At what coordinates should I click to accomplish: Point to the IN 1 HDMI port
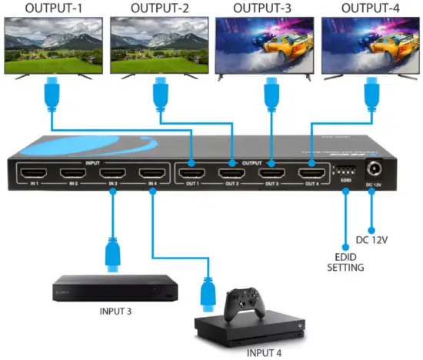tap(35, 174)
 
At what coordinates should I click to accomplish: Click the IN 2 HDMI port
tap(73, 174)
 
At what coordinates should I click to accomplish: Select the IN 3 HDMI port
tap(112, 174)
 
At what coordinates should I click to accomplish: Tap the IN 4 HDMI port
tap(151, 174)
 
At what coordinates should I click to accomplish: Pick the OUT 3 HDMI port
tap(271, 174)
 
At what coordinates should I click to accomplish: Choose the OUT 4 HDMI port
tap(311, 174)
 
